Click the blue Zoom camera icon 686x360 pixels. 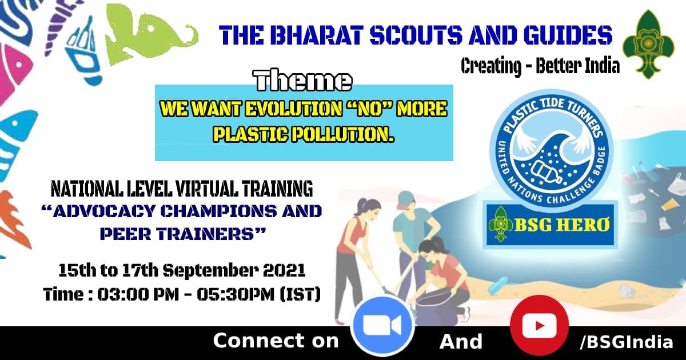click(382, 326)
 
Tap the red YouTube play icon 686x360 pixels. click(539, 326)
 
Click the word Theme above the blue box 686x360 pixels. click(302, 81)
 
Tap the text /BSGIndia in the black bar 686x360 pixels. click(626, 342)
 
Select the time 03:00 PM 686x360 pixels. click(138, 294)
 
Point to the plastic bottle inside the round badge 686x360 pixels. click(546, 172)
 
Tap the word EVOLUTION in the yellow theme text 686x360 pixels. click(294, 109)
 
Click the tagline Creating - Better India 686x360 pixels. click(540, 66)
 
